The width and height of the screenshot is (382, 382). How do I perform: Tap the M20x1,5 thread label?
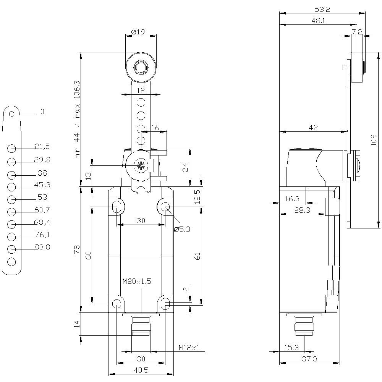coord(136,282)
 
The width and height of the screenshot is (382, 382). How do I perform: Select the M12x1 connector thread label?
coord(189,348)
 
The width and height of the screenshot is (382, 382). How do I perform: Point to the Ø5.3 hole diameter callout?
coord(182,229)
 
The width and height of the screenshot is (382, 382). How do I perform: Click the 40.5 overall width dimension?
coord(141,370)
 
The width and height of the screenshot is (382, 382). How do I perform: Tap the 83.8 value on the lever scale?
coord(42,247)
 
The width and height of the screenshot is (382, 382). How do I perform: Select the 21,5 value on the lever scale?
coord(42,147)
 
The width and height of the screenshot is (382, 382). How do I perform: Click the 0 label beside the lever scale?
coord(42,112)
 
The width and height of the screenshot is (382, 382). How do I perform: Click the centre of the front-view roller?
coord(141,68)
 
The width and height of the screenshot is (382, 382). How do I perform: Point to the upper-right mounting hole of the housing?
coord(165,207)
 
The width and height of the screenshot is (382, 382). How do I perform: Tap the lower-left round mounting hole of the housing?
coord(117,304)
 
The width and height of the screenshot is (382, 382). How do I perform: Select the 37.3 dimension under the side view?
coord(309,359)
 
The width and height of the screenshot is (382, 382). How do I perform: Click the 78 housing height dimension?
coord(77,250)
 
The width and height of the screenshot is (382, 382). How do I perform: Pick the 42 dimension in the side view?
coord(313,128)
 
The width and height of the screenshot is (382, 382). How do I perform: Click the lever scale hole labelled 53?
coord(11,199)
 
